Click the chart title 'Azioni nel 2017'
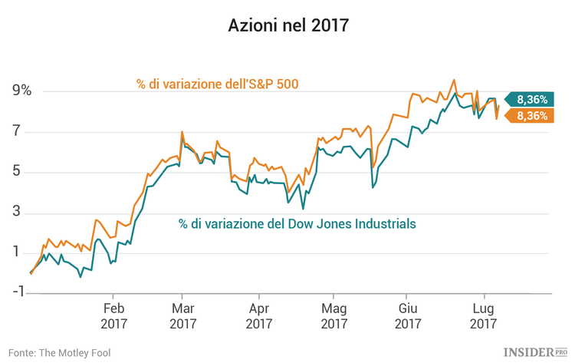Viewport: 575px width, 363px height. click(x=287, y=25)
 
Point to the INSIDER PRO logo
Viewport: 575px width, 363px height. click(x=535, y=351)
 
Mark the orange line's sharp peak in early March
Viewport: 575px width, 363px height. click(x=182, y=132)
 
